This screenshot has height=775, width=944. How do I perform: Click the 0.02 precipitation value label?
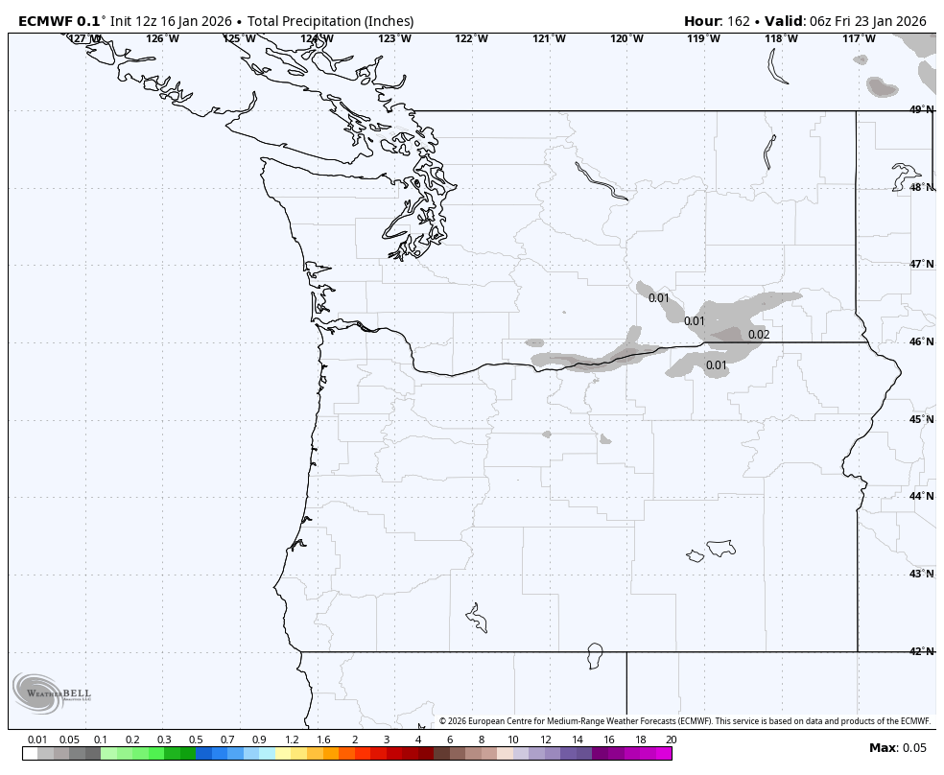click(x=759, y=335)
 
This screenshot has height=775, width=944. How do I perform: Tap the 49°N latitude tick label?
click(x=920, y=110)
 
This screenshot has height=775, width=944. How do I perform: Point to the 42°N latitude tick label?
click(x=920, y=652)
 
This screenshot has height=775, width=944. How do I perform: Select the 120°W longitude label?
click(x=626, y=38)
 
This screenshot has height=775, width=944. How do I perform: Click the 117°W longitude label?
click(x=859, y=38)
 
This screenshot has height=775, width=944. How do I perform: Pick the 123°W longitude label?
click(x=394, y=38)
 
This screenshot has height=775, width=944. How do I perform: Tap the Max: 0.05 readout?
click(x=898, y=748)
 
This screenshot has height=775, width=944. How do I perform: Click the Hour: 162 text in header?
click(x=720, y=21)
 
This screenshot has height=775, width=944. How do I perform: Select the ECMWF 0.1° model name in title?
click(x=59, y=21)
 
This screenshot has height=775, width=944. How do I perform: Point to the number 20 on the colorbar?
click(x=671, y=740)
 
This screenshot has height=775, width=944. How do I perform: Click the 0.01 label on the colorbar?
click(x=37, y=740)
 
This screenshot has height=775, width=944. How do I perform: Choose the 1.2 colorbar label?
click(x=292, y=740)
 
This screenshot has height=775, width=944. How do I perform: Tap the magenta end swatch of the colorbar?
click(x=664, y=754)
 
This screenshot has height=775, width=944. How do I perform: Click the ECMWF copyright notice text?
click(x=685, y=721)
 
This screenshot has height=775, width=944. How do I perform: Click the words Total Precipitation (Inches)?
click(x=331, y=21)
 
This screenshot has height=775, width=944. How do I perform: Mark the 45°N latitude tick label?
click(x=920, y=419)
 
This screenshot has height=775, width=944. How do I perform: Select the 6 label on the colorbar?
click(x=449, y=740)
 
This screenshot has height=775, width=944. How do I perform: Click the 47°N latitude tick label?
click(x=920, y=265)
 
